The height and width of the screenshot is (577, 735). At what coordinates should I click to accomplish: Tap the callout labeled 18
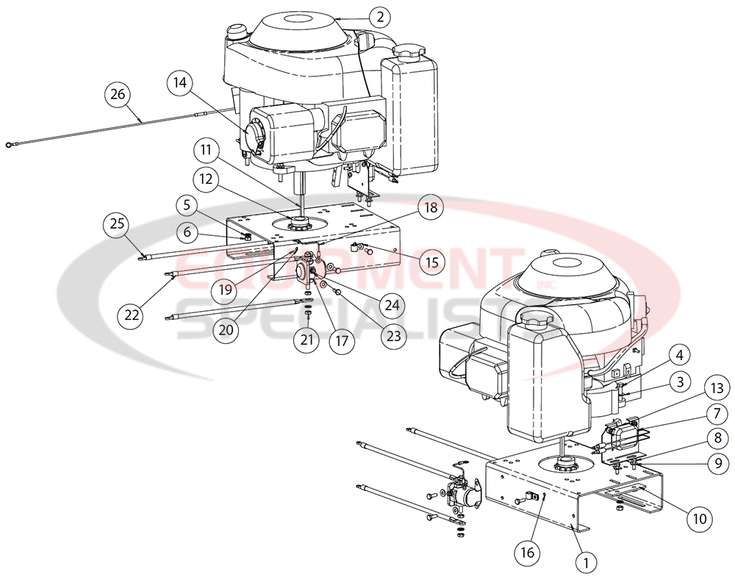pyautogui.click(x=430, y=208)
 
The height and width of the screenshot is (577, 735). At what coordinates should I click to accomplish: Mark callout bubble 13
pyautogui.click(x=717, y=387)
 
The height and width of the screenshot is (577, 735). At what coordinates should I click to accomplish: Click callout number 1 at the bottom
pyautogui.click(x=586, y=563)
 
